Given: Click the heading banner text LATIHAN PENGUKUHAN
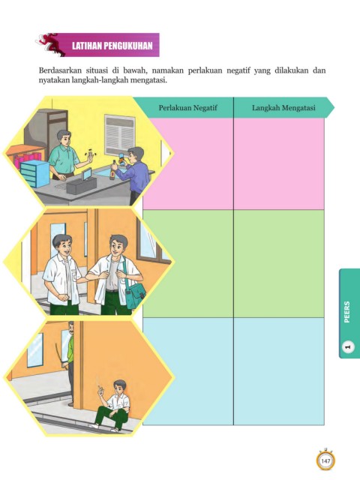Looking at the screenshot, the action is point(112,46).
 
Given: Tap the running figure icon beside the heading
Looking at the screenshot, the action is point(50,44).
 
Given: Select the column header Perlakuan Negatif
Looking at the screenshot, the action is point(187,108).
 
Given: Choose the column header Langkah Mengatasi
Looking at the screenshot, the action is point(283,108).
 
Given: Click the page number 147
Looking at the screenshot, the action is point(325,460).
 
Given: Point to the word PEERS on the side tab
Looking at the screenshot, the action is point(346,312).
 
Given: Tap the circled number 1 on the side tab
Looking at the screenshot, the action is point(347,346).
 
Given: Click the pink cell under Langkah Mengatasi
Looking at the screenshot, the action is point(279,163).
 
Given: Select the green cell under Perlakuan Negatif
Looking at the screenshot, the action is point(188,263).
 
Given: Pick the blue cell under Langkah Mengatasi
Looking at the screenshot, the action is point(279,371).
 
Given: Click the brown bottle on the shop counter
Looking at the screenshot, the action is point(113,170).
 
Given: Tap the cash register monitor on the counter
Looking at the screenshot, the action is point(88,174).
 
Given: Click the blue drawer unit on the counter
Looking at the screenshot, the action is point(34,173).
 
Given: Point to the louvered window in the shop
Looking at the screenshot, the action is point(120,135).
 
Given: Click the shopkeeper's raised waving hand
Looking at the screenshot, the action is point(90,157).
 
